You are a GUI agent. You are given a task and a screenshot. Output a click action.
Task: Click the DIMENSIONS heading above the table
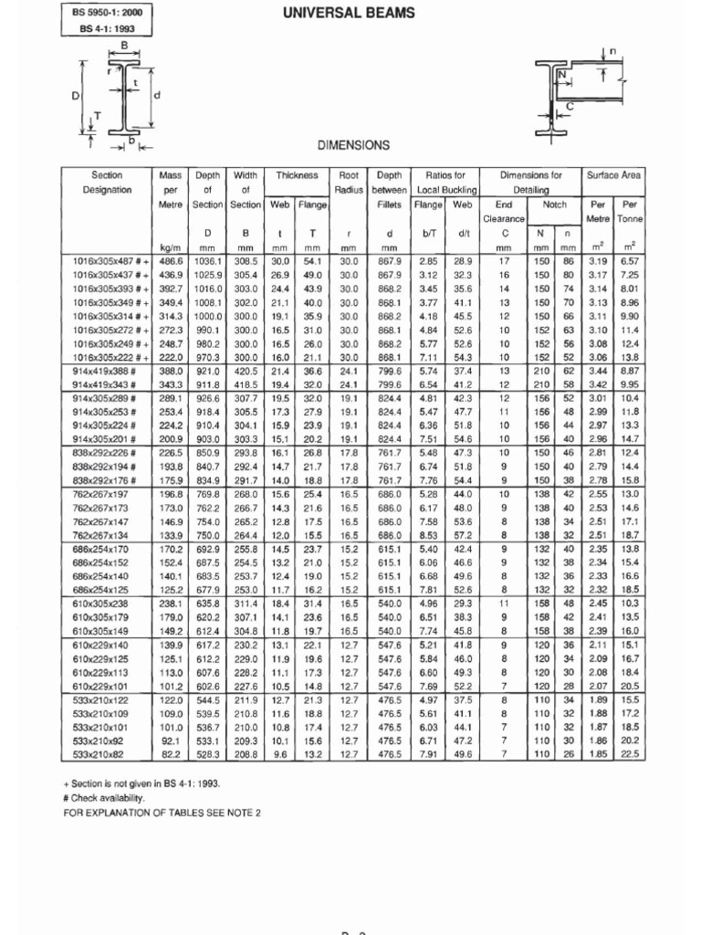352,145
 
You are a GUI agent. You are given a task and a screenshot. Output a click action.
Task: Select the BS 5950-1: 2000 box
107,13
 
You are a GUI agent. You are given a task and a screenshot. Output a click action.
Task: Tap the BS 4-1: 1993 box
107,29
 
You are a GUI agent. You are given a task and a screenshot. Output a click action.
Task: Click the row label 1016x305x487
108,261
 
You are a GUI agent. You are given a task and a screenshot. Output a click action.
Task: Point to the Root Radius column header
348,182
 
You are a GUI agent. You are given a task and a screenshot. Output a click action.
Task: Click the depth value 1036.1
208,261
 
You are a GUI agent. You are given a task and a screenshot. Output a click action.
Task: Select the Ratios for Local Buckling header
446,182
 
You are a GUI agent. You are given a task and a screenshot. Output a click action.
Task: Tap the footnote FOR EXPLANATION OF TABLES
162,813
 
